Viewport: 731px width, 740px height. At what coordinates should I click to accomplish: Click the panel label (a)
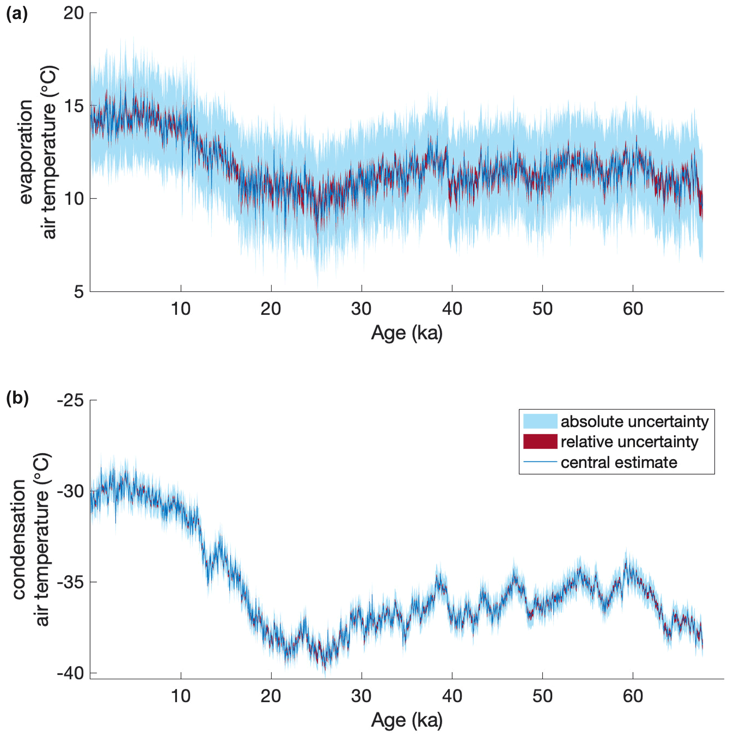click(x=17, y=14)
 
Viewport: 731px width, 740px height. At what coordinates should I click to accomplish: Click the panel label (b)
click(x=17, y=398)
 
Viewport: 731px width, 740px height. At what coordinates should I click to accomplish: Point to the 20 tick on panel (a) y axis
click(x=74, y=13)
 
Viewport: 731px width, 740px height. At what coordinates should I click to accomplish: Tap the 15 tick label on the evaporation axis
click(x=74, y=106)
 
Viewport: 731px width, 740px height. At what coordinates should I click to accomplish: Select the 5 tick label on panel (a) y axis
click(x=79, y=291)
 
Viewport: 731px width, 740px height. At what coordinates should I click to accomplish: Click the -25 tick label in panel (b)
click(x=70, y=400)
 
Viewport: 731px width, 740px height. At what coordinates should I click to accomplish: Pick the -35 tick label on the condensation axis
click(x=70, y=582)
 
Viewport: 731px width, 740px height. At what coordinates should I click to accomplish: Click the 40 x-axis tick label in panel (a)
click(x=452, y=309)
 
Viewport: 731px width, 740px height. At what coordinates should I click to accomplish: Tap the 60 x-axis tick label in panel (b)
click(x=633, y=696)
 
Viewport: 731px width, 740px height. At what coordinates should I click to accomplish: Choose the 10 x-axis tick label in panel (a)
click(x=180, y=309)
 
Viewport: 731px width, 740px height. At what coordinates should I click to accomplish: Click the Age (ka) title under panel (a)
click(x=407, y=333)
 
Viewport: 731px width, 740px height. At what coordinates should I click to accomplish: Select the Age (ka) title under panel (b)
click(x=407, y=720)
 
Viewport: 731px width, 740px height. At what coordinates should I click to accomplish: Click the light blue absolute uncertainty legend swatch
click(x=540, y=421)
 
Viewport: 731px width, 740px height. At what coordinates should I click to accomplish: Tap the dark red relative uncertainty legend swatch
click(x=540, y=441)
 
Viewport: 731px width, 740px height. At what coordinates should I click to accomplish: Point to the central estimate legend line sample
click(x=540, y=462)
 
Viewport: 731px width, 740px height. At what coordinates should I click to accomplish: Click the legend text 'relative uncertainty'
click(x=629, y=441)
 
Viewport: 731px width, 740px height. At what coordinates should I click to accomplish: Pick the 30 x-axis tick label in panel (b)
click(x=361, y=696)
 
